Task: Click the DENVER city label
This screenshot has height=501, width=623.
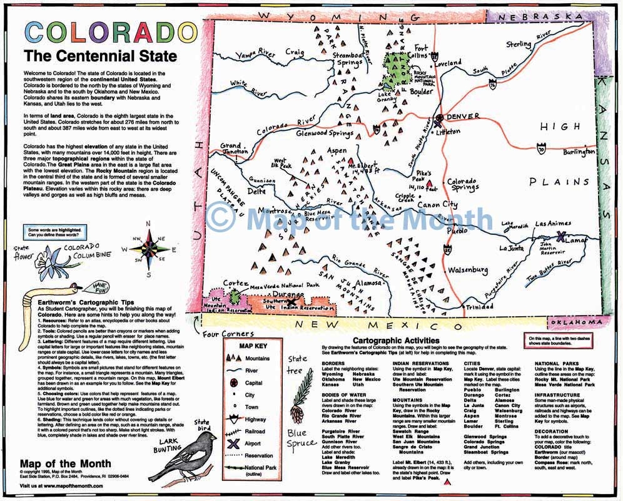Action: click(x=463, y=116)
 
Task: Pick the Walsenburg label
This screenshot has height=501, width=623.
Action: click(x=467, y=270)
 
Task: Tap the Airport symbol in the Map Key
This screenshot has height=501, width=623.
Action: click(x=233, y=442)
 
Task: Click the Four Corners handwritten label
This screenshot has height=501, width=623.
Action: click(x=229, y=334)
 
